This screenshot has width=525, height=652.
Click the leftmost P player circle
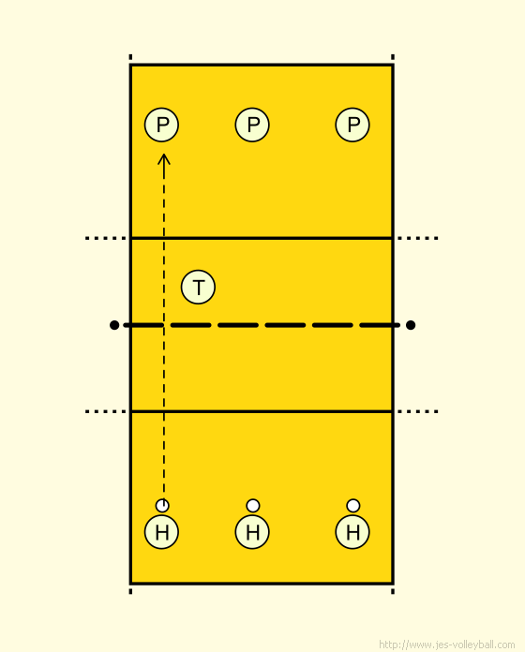[161, 125]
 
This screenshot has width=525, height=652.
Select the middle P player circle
[252, 125]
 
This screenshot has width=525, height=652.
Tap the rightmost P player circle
[352, 125]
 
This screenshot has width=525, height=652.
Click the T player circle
[198, 287]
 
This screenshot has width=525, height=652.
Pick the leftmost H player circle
[161, 532]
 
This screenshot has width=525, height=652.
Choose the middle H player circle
[252, 532]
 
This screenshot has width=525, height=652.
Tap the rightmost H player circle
[352, 532]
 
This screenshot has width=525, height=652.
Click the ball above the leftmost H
[162, 506]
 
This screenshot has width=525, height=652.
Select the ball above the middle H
[253, 506]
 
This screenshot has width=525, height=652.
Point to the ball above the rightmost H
[353, 506]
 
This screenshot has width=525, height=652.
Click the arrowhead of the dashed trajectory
[164, 158]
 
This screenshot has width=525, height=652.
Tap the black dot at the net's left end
[114, 325]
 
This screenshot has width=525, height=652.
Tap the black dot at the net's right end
[411, 325]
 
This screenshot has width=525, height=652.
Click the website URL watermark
[447, 645]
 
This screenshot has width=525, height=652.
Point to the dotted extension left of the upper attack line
[106, 238]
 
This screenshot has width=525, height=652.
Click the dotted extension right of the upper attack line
[417, 238]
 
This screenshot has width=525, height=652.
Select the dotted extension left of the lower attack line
[106, 411]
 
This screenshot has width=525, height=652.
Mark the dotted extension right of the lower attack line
[417, 411]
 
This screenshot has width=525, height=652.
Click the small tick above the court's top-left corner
[130, 57]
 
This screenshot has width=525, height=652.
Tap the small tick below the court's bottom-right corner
[393, 591]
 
